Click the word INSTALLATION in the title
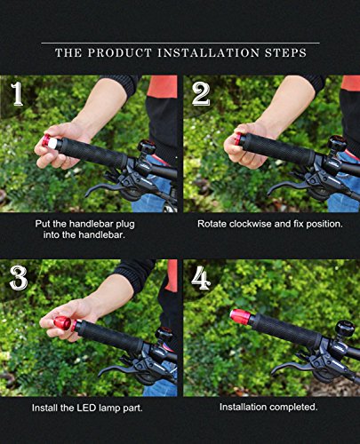(x=208, y=53)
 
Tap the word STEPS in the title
(x=285, y=53)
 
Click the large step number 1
(x=17, y=94)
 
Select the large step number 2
(x=201, y=95)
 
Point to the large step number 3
(x=19, y=278)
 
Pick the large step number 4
(x=201, y=278)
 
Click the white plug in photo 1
(x=52, y=143)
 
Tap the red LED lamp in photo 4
(x=241, y=317)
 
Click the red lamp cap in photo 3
(x=63, y=323)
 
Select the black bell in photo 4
(x=345, y=329)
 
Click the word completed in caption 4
(x=293, y=407)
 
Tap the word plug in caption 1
(x=124, y=224)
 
